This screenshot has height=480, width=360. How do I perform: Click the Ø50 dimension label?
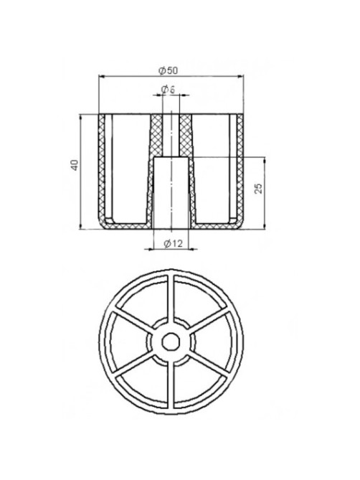[x=168, y=71]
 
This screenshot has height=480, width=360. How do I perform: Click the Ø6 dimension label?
[x=168, y=90]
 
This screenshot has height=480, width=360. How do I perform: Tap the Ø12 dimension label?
[x=173, y=244]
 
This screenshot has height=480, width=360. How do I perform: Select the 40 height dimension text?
[x=75, y=165]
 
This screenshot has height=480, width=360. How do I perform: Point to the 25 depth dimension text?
[x=258, y=188]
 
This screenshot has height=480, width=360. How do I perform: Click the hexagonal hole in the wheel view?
[x=171, y=342]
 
